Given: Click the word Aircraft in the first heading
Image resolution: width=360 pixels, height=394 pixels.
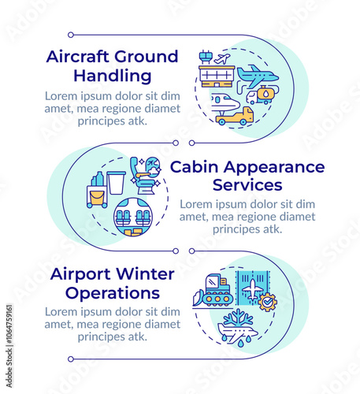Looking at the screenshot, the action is tap(77, 57).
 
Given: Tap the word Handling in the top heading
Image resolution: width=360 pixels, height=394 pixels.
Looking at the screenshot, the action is tap(113, 76).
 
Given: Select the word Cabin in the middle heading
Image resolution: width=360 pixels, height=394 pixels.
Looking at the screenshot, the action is tap(195, 167).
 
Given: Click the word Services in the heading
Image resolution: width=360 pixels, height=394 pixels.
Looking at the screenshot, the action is tap(247, 185).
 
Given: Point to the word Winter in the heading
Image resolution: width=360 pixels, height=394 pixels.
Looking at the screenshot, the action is tap(145, 274).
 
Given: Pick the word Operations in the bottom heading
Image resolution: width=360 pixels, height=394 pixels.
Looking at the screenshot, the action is tap(113, 294).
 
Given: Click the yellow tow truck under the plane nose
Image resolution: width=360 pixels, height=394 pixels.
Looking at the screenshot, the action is tap(235, 116).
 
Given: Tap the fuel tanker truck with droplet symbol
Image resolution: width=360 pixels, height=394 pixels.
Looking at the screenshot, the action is tap(262, 95).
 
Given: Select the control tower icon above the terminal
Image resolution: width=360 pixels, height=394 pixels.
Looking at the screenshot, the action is tap(206, 58).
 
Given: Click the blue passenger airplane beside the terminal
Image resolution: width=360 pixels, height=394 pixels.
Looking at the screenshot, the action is tap(258, 76).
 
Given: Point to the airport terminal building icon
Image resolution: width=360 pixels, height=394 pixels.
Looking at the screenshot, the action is tap(217, 76).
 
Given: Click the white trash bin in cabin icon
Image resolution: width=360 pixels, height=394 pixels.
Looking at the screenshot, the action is tap(116, 183).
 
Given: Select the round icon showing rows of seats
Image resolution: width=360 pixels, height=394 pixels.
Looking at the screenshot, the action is tap(133, 217).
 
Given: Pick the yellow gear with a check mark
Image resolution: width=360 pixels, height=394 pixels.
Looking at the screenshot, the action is tap(268, 303).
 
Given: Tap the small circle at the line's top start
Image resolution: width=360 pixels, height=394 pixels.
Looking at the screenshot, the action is tap(71, 35).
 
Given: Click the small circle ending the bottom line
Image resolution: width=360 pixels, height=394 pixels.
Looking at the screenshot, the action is tap(71, 359).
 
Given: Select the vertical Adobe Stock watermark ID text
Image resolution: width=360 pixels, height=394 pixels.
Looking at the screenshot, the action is tap(9, 346).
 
